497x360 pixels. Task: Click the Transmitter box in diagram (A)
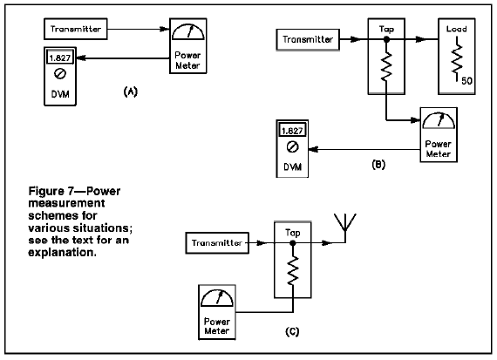click(76, 29)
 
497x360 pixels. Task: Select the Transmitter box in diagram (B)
click(308, 39)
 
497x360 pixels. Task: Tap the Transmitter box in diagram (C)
click(217, 243)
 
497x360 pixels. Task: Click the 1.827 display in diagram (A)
click(60, 58)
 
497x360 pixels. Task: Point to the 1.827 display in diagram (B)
click(292, 131)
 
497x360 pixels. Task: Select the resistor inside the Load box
click(457, 59)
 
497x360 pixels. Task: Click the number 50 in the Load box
click(466, 81)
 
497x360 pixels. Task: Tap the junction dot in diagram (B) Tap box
click(386, 39)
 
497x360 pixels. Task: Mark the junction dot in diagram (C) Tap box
click(293, 243)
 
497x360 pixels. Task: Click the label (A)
click(130, 92)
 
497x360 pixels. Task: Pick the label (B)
click(378, 165)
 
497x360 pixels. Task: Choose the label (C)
click(292, 332)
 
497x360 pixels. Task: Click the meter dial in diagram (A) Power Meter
click(188, 32)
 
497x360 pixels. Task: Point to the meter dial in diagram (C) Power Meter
click(217, 298)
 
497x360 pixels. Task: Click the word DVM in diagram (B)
click(292, 167)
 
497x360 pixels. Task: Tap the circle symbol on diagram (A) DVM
click(60, 74)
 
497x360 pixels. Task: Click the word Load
click(456, 29)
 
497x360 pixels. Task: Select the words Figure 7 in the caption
click(51, 191)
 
